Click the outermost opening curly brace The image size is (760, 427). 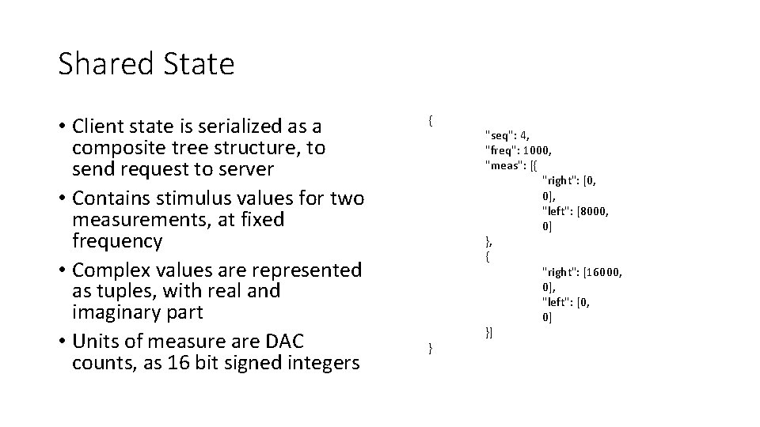(430, 121)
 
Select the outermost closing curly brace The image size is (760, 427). (430, 348)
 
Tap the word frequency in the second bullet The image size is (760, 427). (116, 240)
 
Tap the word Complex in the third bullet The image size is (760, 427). (110, 270)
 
